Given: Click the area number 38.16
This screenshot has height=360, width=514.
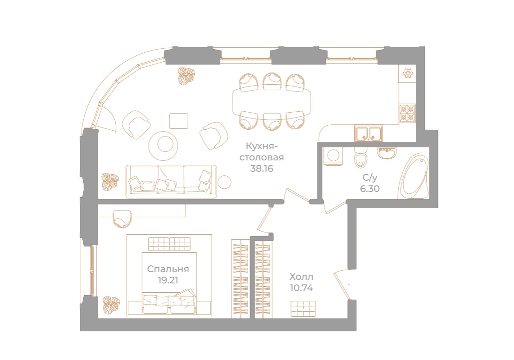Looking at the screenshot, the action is (261, 169).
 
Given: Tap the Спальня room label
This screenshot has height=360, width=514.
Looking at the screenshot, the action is (168, 269).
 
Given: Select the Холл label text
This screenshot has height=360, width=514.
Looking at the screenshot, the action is (301, 277).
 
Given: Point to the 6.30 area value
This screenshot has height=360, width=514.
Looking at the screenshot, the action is (370, 189).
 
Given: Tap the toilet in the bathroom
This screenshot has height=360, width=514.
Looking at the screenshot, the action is (360, 158).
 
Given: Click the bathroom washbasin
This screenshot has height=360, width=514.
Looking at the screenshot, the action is (387, 153).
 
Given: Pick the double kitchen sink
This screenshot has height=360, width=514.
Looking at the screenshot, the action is (368, 134).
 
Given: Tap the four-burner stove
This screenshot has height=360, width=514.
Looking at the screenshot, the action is (408, 113).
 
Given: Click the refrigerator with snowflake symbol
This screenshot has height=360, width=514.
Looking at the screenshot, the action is (408, 73).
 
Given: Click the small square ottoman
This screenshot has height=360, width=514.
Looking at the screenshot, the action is (179, 121).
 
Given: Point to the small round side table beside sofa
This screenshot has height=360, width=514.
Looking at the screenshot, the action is (224, 182).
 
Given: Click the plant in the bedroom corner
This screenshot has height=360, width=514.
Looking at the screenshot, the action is (111, 305).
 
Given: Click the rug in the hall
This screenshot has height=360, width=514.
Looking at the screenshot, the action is (303, 309).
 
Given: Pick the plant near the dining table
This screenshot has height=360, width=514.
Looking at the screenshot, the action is (186, 76).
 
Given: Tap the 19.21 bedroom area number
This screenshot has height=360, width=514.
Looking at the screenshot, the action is (168, 281).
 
